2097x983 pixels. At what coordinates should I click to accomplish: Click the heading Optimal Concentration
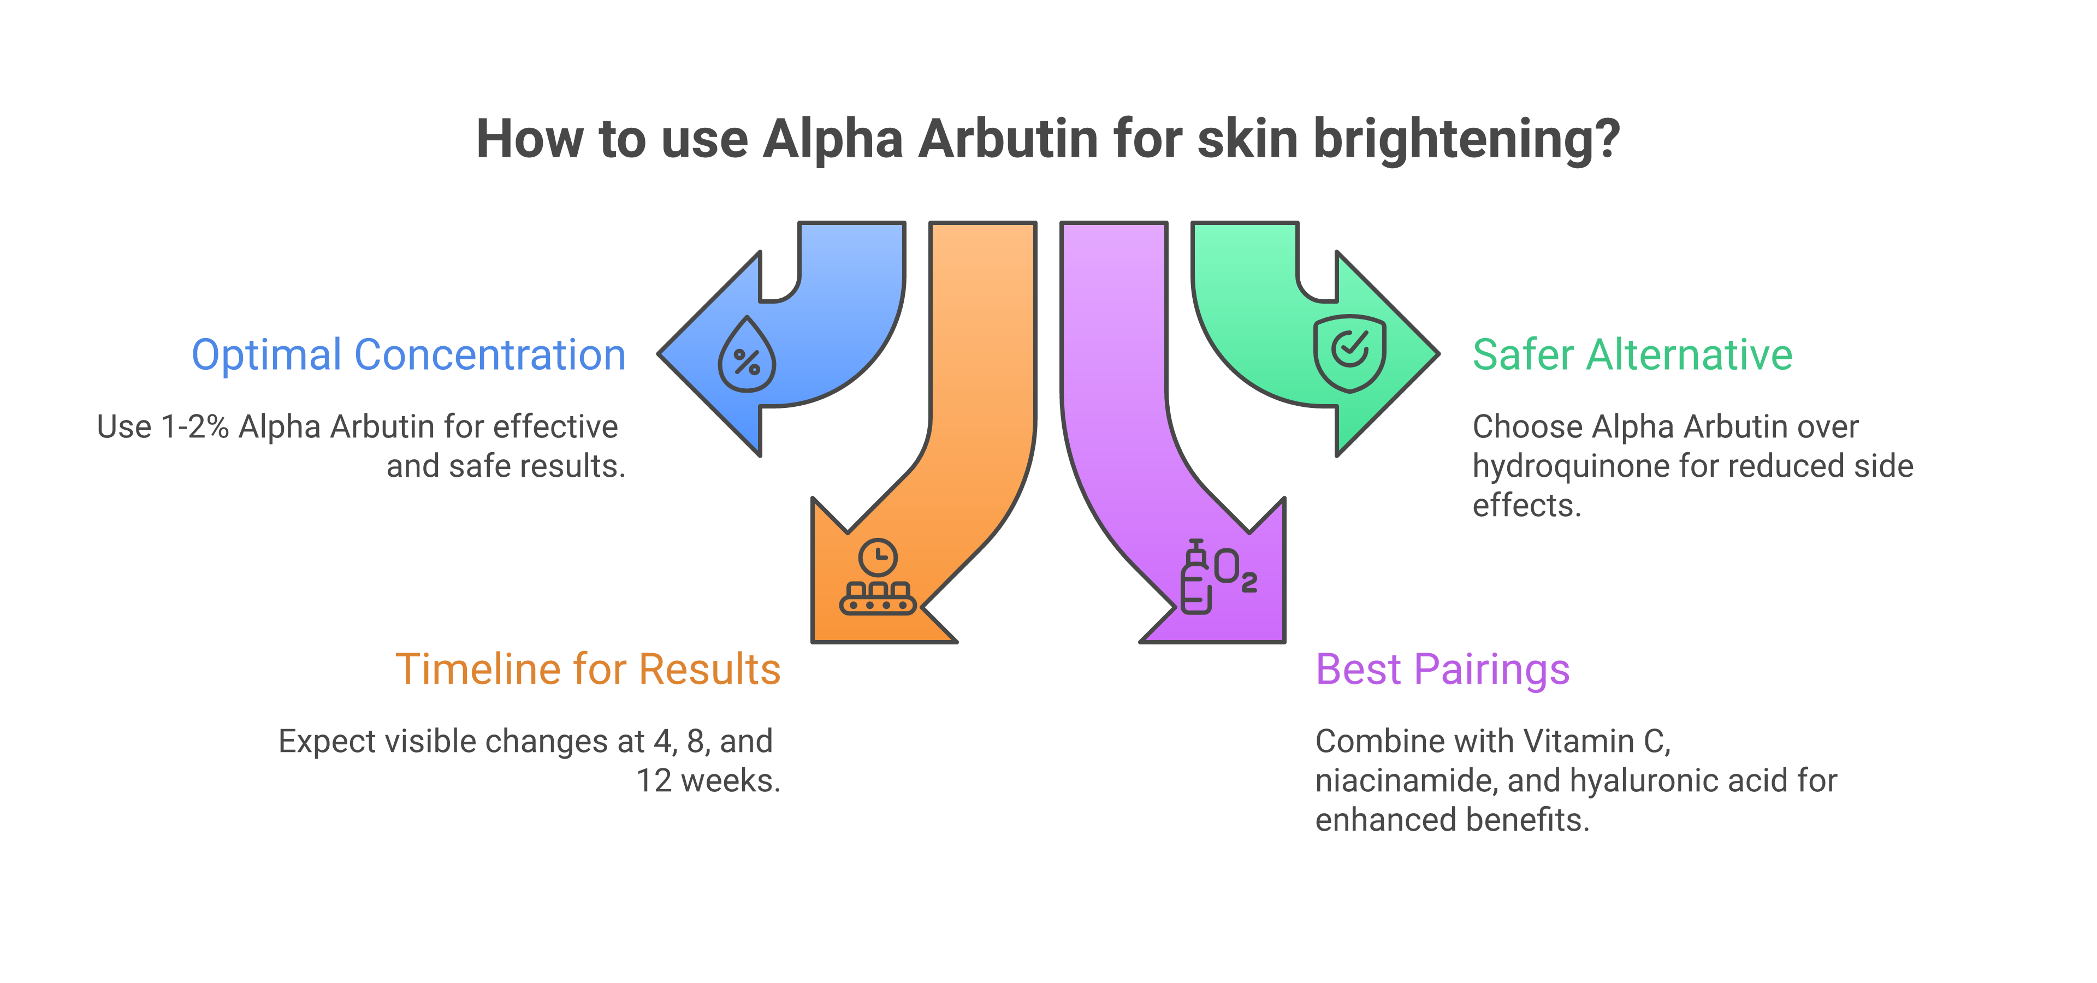(x=408, y=356)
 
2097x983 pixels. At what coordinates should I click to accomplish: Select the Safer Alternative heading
(x=1632, y=356)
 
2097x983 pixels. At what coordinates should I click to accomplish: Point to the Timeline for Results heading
(x=588, y=670)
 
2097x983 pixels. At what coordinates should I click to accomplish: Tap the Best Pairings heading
(x=1442, y=670)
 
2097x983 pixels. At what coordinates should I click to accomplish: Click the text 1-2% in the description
(x=196, y=427)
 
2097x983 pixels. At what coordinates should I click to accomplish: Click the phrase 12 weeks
(x=707, y=781)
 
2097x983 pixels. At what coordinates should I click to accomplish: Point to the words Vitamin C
(x=1596, y=741)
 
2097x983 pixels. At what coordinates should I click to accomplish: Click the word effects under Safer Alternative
(x=1526, y=505)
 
